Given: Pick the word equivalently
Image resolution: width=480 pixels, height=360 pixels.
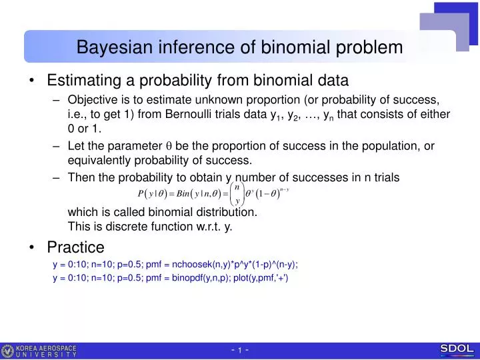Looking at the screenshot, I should click(x=103, y=160).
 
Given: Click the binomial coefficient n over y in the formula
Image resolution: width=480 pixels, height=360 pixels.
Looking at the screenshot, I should click(x=237, y=194).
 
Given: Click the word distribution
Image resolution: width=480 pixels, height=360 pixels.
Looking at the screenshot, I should click(x=221, y=212).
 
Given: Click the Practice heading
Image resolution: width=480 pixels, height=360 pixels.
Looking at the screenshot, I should click(x=75, y=247).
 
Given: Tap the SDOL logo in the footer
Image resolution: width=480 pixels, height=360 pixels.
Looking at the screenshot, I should click(x=457, y=349).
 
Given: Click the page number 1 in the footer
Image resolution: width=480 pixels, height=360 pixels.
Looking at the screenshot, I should click(x=240, y=351).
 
